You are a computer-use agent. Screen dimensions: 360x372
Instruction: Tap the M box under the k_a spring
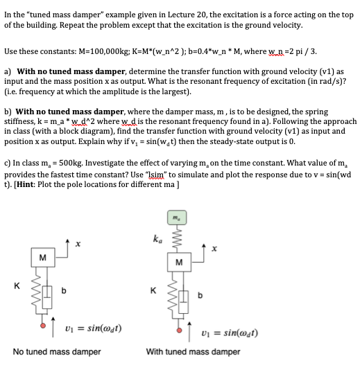point(178,262)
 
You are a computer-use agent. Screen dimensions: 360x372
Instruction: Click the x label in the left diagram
point(78,243)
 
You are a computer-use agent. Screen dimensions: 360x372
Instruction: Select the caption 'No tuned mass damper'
point(57,351)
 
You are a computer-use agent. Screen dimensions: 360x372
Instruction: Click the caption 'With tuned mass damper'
point(193,351)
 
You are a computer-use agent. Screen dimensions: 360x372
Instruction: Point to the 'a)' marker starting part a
point(8,71)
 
